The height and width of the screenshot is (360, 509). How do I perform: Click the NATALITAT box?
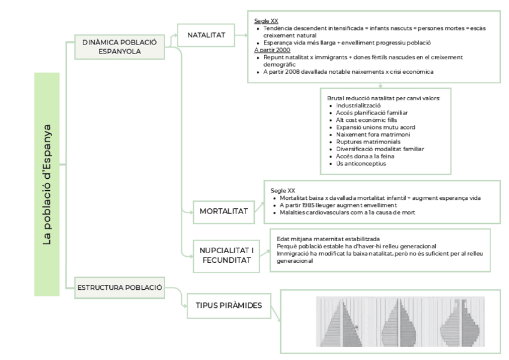pyautogui.click(x=206, y=35)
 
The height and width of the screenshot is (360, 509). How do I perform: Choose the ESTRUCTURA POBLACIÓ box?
pyautogui.click(x=119, y=287)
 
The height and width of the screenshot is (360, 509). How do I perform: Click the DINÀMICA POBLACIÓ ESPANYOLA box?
pyautogui.click(x=119, y=47)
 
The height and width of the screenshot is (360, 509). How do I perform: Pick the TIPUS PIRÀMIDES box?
pyautogui.click(x=229, y=305)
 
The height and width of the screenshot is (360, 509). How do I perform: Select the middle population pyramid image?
pyautogui.click(x=399, y=322)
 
